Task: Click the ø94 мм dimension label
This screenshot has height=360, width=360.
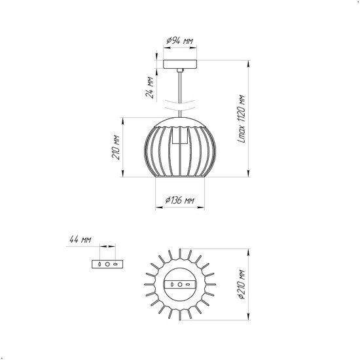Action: (180, 41)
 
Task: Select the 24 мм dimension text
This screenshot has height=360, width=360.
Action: (150, 87)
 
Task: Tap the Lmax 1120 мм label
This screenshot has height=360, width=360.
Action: (242, 118)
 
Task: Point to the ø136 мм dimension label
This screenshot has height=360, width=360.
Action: (180, 200)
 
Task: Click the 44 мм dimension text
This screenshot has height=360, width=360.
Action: (81, 240)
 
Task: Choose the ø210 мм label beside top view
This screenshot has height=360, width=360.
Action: (242, 285)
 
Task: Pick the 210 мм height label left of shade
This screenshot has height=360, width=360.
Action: (116, 147)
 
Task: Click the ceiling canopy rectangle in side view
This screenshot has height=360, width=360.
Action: (180, 64)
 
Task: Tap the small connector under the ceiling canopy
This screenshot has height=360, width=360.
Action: (180, 70)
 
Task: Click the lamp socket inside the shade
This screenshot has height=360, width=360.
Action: (180, 135)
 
